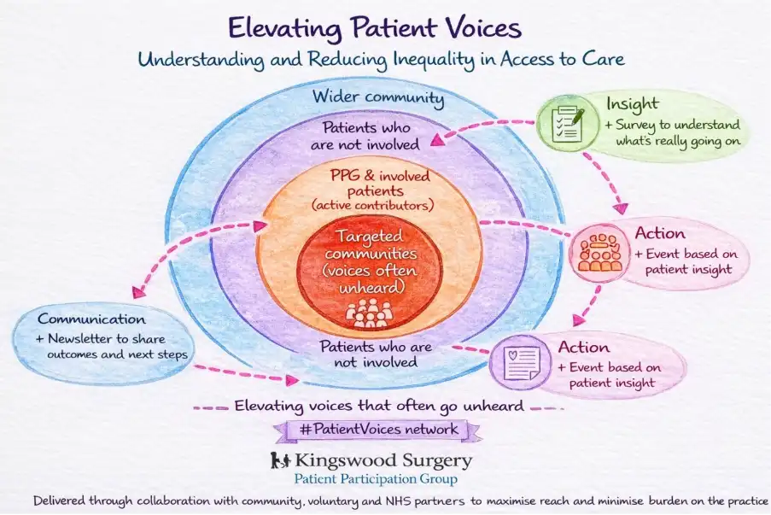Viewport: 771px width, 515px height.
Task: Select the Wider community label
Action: (x=378, y=97)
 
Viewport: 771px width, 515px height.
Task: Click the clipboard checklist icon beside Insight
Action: (x=567, y=124)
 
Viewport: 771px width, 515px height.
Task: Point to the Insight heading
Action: (x=632, y=103)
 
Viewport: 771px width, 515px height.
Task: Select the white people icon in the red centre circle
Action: (x=370, y=313)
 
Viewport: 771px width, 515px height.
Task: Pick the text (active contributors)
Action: (x=372, y=206)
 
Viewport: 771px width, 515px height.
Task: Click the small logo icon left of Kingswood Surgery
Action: (x=277, y=461)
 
